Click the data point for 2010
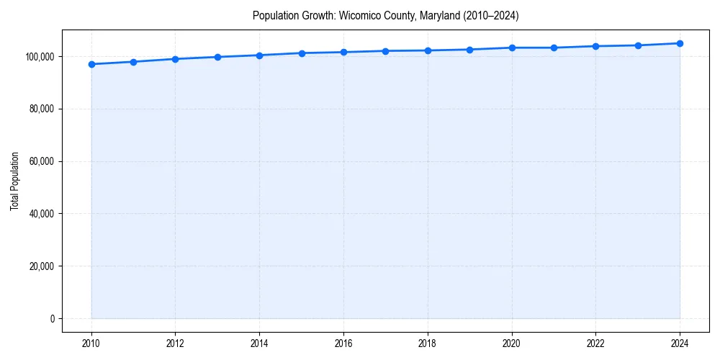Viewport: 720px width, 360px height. pos(91,64)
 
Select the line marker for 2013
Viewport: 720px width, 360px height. pos(217,57)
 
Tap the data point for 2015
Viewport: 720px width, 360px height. pos(302,53)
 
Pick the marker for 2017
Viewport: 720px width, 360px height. pos(386,51)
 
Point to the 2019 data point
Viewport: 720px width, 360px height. pos(469,50)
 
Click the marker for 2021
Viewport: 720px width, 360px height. pos(554,48)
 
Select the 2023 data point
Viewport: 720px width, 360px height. pos(638,45)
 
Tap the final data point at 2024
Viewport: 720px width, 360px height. pos(680,43)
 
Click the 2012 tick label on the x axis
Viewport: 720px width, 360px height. pos(175,343)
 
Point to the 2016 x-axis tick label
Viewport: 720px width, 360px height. pos(343,343)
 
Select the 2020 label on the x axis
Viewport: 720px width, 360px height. pos(512,343)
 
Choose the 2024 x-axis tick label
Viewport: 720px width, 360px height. pos(680,343)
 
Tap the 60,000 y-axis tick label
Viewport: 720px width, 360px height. pos(42,161)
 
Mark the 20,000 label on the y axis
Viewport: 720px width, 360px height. pos(42,266)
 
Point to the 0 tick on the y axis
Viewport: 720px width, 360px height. pos(52,319)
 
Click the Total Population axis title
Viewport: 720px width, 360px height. pos(14,181)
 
